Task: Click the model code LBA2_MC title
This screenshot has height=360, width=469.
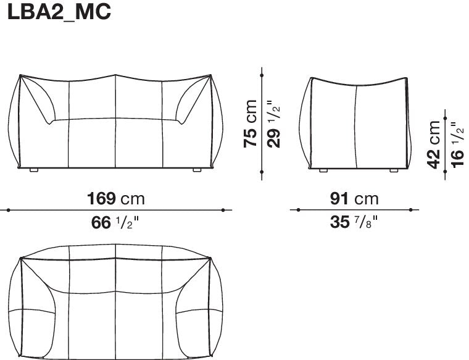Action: click(59, 13)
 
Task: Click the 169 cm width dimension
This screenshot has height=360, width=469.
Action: click(116, 198)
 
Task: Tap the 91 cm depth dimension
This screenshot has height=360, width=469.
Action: click(354, 198)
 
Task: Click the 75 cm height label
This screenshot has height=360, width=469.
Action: click(251, 123)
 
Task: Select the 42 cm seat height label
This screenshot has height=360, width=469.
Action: click(435, 144)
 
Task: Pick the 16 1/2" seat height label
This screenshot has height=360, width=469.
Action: click(457, 144)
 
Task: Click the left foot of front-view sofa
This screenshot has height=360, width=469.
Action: click(34, 169)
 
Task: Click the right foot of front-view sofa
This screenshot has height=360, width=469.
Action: click(197, 169)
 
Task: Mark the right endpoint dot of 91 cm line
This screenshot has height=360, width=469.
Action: click(413, 210)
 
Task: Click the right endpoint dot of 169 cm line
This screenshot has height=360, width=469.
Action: click(231, 210)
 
